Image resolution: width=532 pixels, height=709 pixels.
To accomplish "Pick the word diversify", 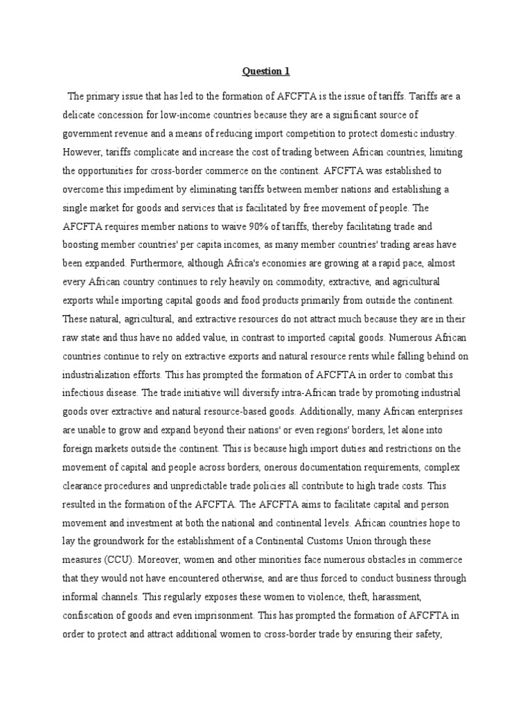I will tap(236, 392).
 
